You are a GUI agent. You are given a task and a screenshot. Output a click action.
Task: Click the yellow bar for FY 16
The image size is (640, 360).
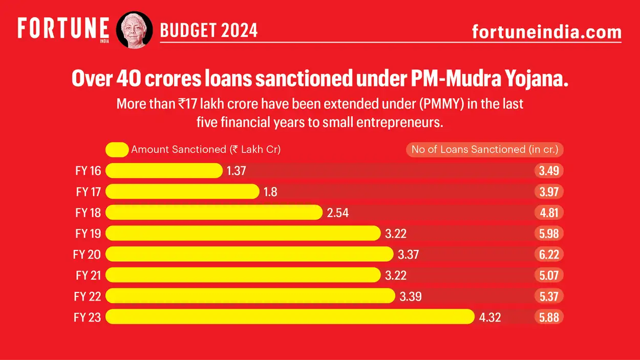click(x=164, y=171)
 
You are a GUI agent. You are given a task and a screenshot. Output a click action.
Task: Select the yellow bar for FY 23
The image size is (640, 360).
click(x=290, y=317)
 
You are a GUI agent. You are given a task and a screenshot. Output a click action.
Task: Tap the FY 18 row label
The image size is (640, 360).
click(x=89, y=213)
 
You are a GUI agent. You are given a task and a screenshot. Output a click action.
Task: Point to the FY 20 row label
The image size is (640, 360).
click(x=89, y=255)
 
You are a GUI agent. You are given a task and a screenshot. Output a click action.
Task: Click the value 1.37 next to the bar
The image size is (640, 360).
click(x=237, y=171)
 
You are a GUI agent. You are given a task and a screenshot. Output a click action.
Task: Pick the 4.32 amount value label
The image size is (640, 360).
click(x=490, y=317)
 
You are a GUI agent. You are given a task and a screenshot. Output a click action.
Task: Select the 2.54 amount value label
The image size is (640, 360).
click(x=337, y=213)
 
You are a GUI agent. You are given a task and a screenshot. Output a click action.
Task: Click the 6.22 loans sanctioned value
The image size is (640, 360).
click(x=549, y=255)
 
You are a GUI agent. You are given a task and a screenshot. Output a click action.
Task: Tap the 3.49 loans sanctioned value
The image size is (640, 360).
click(x=549, y=171)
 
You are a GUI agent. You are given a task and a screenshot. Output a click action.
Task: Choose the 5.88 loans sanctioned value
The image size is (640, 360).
click(x=549, y=317)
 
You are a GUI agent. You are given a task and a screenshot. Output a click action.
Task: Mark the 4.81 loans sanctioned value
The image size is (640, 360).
click(x=549, y=213)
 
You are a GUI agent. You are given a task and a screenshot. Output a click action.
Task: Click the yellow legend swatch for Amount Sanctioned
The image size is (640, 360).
click(x=117, y=150)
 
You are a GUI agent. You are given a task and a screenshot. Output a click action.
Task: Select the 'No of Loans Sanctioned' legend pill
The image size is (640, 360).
click(x=484, y=150)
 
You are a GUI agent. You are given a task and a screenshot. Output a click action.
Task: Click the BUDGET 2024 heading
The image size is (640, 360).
click(x=209, y=31)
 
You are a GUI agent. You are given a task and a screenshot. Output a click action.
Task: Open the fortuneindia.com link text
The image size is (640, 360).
click(x=546, y=32)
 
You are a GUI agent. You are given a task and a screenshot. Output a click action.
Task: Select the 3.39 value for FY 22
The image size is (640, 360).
click(x=410, y=296)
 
